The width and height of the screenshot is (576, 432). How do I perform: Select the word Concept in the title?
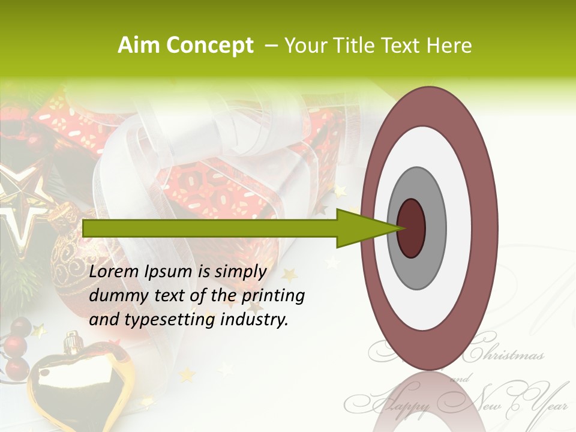[209, 46]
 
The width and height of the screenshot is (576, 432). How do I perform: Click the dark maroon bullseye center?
[411, 228]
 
